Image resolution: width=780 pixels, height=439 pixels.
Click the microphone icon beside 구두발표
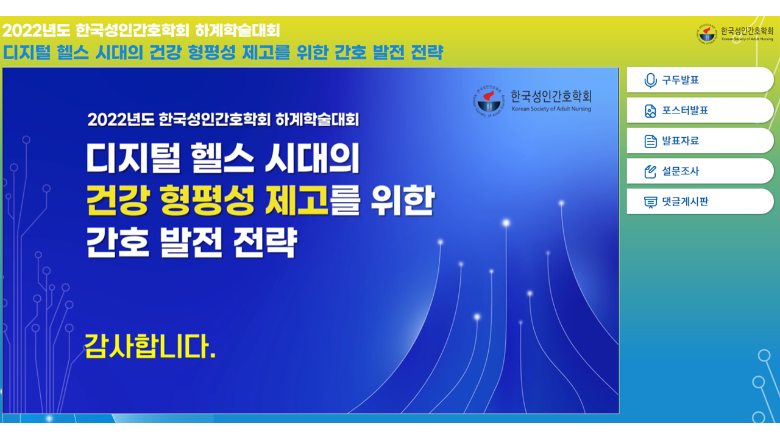coord(650,80)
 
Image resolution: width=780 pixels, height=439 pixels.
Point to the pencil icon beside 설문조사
coord(650,171)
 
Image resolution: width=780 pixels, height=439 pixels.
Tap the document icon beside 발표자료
coord(650,141)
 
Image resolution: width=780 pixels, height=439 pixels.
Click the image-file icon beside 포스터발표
coord(650,111)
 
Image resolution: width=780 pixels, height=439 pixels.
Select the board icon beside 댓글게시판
coord(650,202)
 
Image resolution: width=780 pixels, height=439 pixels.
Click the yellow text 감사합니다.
coord(150,346)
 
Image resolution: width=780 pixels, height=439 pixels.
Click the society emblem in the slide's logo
coord(489,101)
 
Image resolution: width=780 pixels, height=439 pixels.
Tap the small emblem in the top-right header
coord(707,34)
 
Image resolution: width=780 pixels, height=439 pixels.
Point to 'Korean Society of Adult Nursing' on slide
coord(551,109)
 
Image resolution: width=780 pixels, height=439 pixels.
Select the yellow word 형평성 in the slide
coord(207,201)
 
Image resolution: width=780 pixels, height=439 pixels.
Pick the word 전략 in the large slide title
coord(264,243)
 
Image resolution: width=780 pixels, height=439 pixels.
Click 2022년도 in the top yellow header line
coord(36,30)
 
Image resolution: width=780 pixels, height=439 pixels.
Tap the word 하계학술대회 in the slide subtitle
coord(317,120)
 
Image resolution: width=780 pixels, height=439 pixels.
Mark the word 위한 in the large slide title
coord(403,201)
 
